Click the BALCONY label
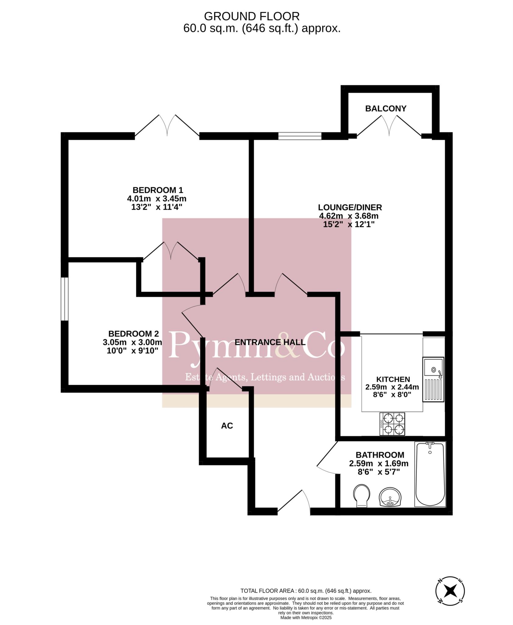click(386, 108)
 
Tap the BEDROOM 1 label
click(158, 190)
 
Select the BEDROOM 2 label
click(134, 334)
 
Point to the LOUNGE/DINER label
click(350, 207)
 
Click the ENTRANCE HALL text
click(270, 342)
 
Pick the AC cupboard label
click(227, 426)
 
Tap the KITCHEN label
click(393, 379)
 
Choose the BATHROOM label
click(380, 455)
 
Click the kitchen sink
click(433, 380)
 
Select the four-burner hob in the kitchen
click(392, 424)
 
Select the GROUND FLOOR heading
click(252, 16)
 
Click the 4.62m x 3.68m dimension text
click(349, 216)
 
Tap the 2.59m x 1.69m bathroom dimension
click(379, 464)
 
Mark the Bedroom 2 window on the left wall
click(64, 299)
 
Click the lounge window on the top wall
click(300, 136)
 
